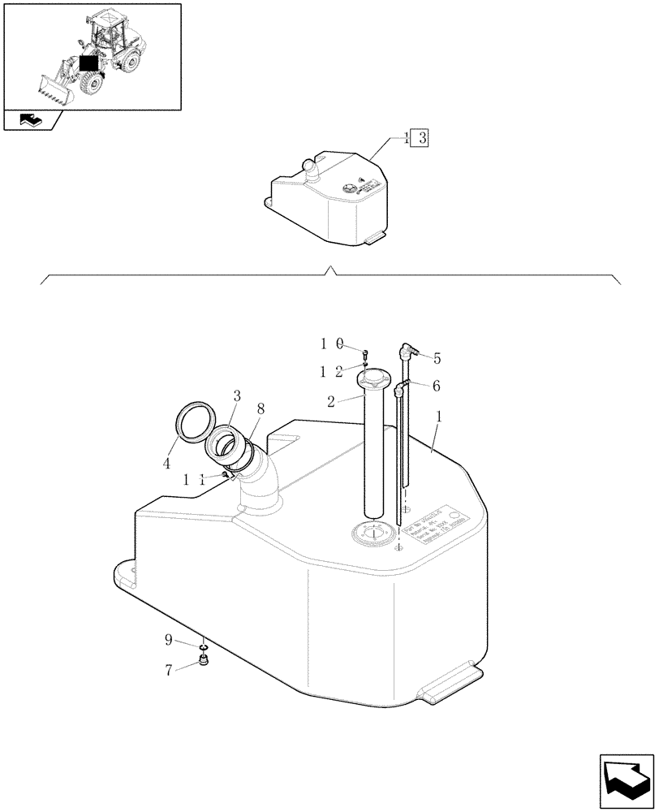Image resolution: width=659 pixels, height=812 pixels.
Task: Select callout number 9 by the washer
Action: (x=169, y=640)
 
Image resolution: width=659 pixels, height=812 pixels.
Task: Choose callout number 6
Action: (x=436, y=387)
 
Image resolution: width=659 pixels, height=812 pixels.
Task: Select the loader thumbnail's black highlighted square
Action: (x=88, y=62)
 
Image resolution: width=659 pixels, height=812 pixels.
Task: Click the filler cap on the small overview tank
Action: (x=311, y=168)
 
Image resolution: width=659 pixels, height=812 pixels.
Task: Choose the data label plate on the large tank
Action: (x=437, y=533)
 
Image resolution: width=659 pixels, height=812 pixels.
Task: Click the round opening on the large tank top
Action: (x=373, y=533)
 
